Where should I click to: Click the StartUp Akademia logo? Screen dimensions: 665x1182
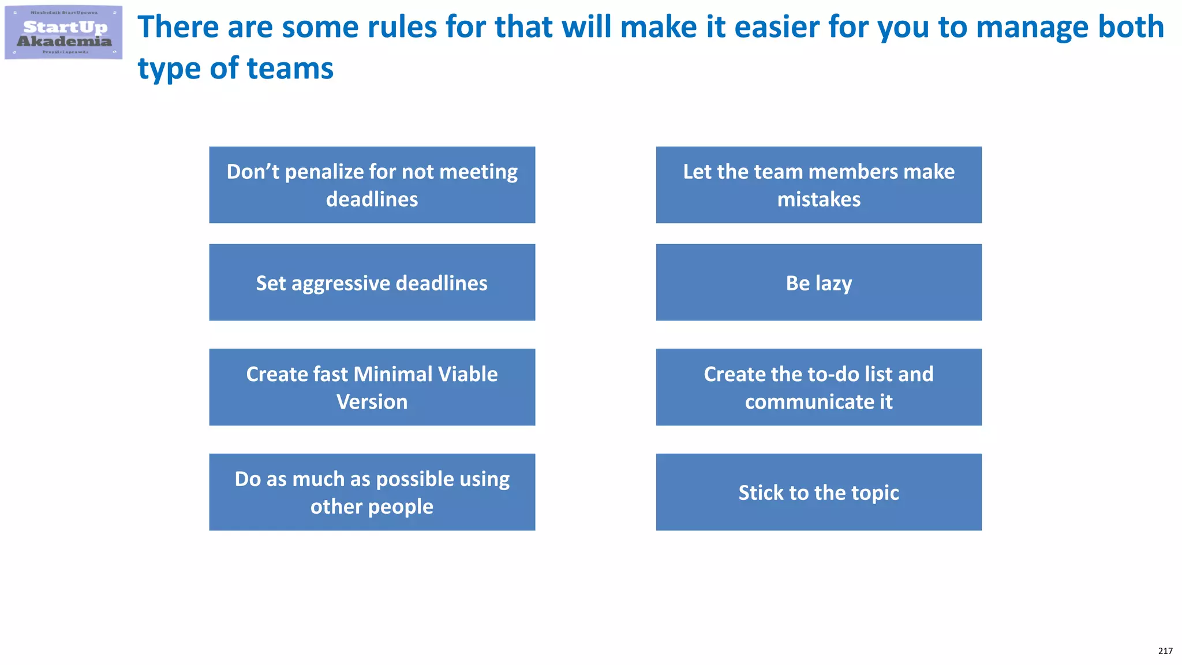pyautogui.click(x=63, y=33)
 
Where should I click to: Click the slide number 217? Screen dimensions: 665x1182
pyautogui.click(x=1165, y=651)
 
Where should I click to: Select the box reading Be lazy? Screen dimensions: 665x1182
pyautogui.click(x=818, y=283)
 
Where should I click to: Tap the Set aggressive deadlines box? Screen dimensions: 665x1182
pyautogui.click(x=372, y=283)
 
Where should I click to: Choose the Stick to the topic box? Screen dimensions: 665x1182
pyautogui.click(x=818, y=492)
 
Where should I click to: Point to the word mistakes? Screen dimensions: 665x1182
pyautogui.click(x=818, y=200)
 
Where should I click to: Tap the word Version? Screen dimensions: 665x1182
pyautogui.click(x=372, y=402)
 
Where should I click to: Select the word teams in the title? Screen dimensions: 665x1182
pyautogui.click(x=290, y=69)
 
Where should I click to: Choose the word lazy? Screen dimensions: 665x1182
pyautogui.click(x=833, y=283)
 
